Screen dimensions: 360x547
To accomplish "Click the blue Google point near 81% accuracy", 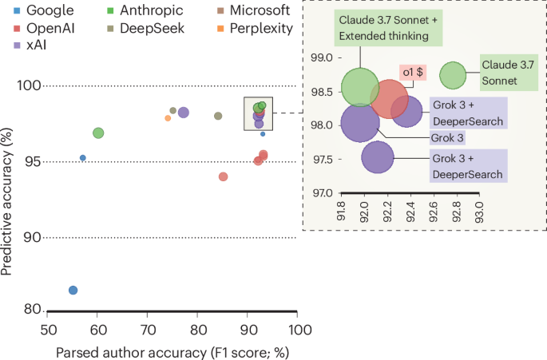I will click(x=73, y=291).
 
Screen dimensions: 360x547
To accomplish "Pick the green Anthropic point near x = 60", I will click(x=98, y=133).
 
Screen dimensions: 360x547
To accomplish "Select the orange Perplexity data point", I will click(x=168, y=118).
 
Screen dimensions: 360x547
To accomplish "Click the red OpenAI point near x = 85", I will click(x=223, y=176).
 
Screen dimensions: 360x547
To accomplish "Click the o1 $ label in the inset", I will click(x=413, y=73).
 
